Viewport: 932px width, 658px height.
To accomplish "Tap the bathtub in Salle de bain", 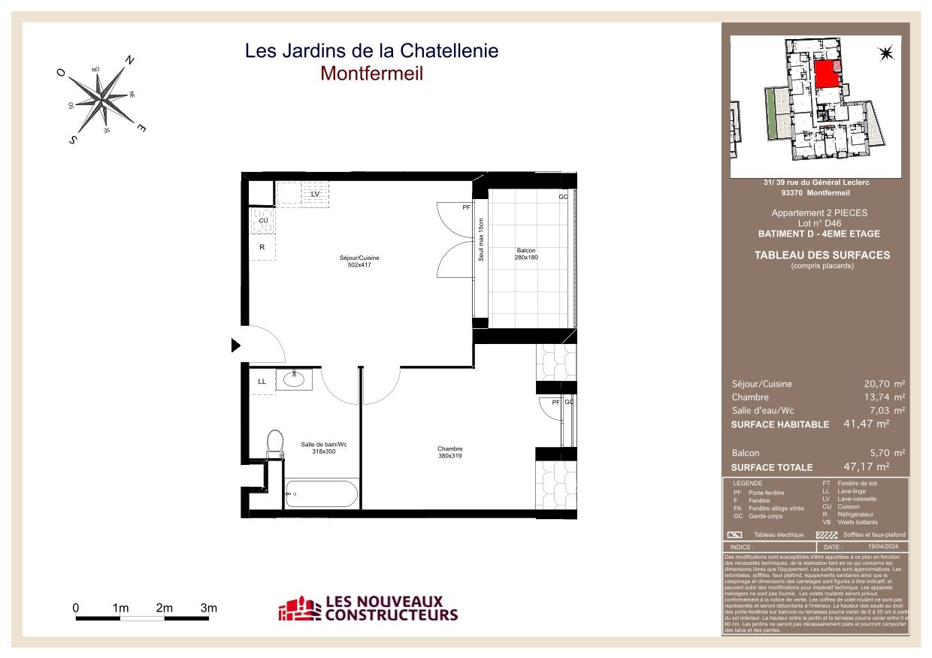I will pyautogui.click(x=323, y=495).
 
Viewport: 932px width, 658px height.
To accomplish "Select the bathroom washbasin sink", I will pyautogui.click(x=294, y=379).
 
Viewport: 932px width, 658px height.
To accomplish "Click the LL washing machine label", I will pyautogui.click(x=262, y=382).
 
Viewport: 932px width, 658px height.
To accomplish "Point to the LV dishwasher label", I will pyautogui.click(x=315, y=194).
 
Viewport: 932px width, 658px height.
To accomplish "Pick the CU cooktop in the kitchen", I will pyautogui.click(x=263, y=221).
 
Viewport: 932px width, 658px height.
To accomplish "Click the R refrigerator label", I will pyautogui.click(x=262, y=247).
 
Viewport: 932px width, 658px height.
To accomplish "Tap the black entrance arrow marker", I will pyautogui.click(x=235, y=346).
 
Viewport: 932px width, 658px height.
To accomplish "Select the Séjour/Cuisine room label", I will pyautogui.click(x=359, y=258).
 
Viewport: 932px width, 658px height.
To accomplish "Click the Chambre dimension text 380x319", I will pyautogui.click(x=450, y=457).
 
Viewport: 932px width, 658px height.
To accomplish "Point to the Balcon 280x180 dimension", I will pyautogui.click(x=526, y=258).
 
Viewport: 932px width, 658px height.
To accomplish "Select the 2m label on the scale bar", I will pyautogui.click(x=165, y=608).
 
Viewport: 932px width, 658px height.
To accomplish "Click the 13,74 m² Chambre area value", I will pyautogui.click(x=884, y=397).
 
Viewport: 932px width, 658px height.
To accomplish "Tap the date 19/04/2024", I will pyautogui.click(x=883, y=548).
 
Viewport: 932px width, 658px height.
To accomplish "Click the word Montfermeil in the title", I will pyautogui.click(x=371, y=74).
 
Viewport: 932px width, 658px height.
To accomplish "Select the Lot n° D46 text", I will pyautogui.click(x=819, y=223).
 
